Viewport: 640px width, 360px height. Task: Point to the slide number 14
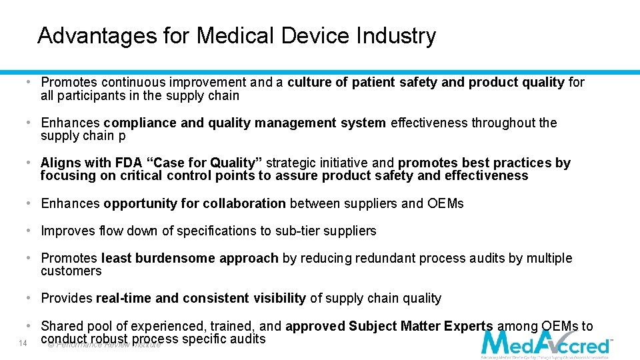pos(23,343)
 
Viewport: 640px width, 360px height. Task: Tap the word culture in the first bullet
pos(309,83)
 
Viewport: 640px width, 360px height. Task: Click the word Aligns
pos(58,163)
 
